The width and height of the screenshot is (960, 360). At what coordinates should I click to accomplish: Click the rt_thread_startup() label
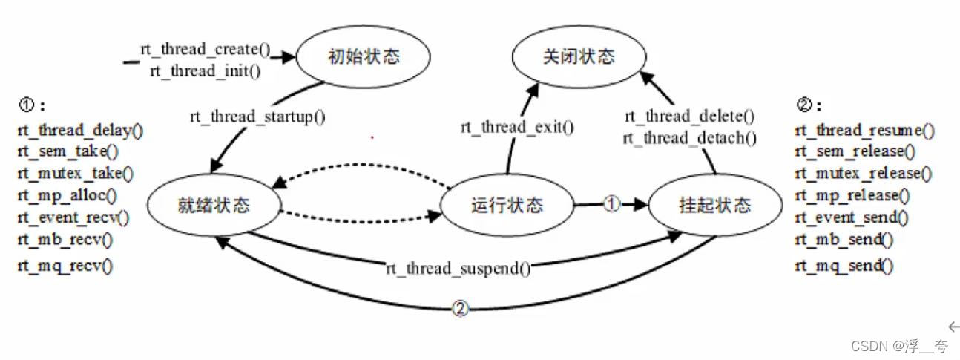click(257, 117)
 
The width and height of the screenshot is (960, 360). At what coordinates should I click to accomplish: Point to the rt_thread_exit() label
click(518, 126)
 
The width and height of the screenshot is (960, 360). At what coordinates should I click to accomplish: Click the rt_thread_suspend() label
click(458, 268)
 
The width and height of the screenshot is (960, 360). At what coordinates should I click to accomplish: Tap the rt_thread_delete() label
click(689, 117)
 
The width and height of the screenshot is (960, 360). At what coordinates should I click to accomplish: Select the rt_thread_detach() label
click(690, 137)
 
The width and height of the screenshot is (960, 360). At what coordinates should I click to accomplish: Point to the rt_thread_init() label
click(206, 71)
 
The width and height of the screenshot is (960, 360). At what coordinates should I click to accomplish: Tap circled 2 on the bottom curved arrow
click(460, 310)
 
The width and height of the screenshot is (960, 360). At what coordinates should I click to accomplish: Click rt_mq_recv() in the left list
click(65, 265)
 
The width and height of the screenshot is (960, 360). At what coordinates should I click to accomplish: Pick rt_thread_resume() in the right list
click(864, 131)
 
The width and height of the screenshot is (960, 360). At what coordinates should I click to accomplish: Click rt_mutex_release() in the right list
click(862, 174)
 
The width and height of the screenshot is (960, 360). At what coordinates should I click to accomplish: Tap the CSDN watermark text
click(898, 346)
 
